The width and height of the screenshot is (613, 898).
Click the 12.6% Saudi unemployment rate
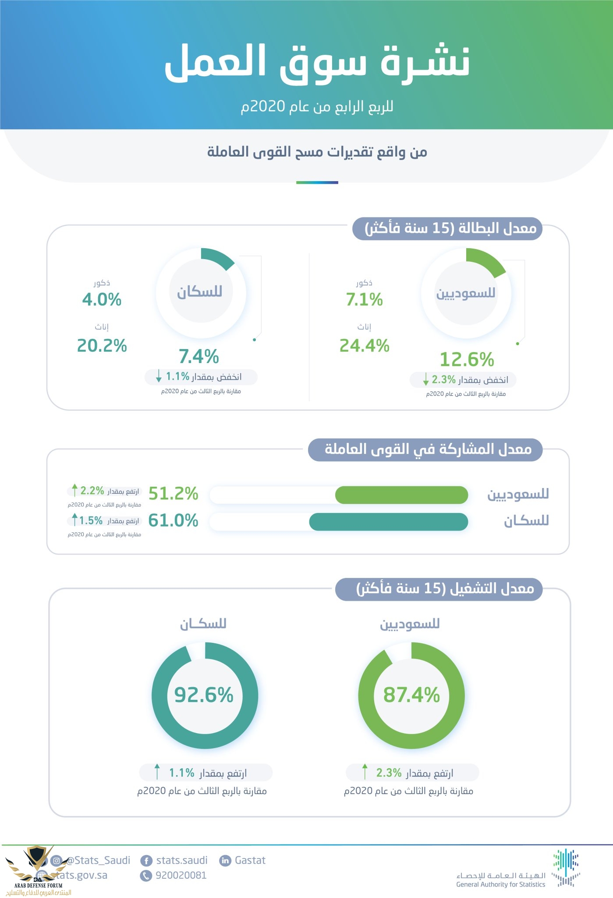[x=467, y=360]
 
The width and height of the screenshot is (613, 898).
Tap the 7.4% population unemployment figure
[x=198, y=356]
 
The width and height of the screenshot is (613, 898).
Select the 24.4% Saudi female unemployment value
[x=364, y=346]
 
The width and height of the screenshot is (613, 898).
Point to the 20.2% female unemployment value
[x=102, y=346]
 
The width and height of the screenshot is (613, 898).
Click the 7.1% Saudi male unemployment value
[x=364, y=300]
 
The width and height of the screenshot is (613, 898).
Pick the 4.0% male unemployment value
[x=102, y=300]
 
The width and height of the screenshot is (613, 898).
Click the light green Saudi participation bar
[x=401, y=495]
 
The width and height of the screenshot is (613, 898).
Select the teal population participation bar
[x=388, y=522]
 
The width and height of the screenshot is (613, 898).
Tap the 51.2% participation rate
[x=174, y=494]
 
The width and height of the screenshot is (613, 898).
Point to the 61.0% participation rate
[x=174, y=521]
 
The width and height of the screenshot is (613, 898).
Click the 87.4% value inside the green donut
[x=411, y=695]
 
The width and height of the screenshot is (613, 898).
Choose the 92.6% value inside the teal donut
[x=204, y=695]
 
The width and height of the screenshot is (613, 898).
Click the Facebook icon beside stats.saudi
[x=146, y=861]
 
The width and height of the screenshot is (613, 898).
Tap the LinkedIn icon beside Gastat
[x=225, y=860]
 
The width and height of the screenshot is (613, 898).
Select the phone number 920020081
[x=181, y=875]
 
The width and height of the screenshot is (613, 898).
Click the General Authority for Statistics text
[x=500, y=884]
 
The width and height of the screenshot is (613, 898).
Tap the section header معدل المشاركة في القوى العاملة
[x=427, y=449]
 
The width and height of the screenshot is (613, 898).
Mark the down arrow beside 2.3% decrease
[x=425, y=379]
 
